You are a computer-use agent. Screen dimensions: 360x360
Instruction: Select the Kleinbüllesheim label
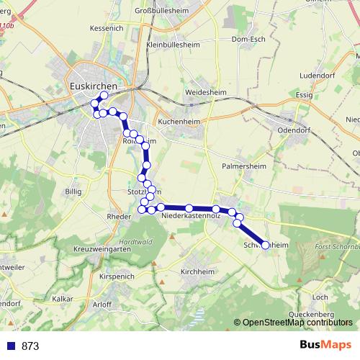(174, 44)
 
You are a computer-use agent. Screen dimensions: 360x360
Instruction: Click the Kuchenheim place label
(180, 122)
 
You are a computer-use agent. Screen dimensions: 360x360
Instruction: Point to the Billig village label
(73, 192)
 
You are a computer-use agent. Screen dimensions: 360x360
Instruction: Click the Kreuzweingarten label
(96, 248)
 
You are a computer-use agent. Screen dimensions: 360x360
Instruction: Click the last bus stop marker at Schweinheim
(265, 246)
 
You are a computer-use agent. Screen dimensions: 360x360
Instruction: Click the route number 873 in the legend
(30, 346)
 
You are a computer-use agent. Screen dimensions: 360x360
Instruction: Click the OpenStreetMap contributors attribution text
(297, 323)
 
